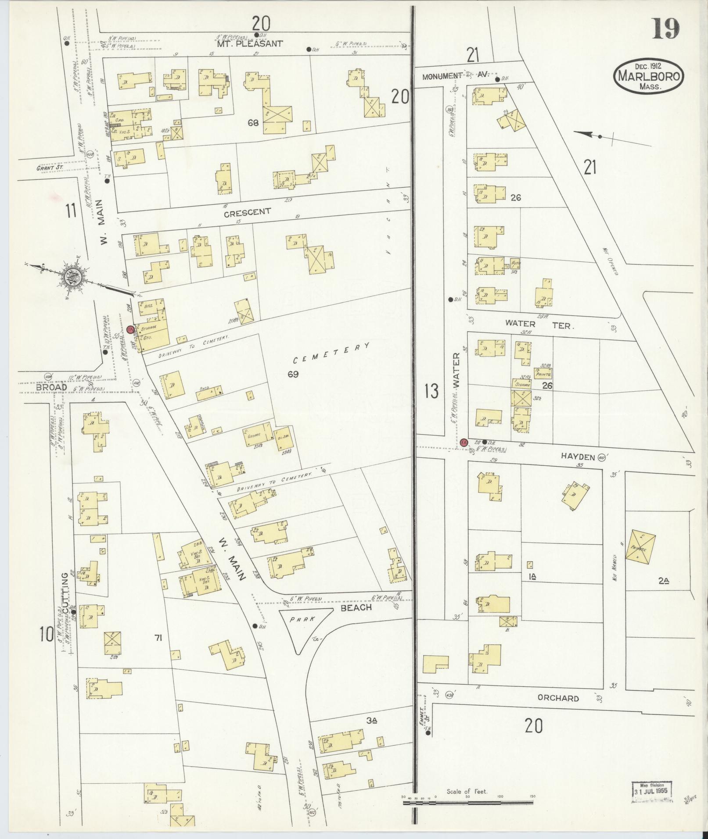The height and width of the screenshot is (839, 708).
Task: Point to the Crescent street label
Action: (247, 213)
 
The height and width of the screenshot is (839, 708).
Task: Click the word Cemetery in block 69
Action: (331, 353)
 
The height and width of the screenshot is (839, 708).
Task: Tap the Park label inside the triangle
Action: (303, 620)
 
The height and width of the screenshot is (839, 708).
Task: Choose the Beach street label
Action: (356, 607)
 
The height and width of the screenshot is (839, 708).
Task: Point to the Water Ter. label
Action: (539, 325)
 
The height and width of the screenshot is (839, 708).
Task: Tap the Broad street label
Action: (51, 387)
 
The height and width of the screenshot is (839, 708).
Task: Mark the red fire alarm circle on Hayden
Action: (464, 443)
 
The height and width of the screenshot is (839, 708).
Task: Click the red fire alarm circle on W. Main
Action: (130, 329)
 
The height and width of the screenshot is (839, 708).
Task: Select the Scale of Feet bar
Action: (468, 803)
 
